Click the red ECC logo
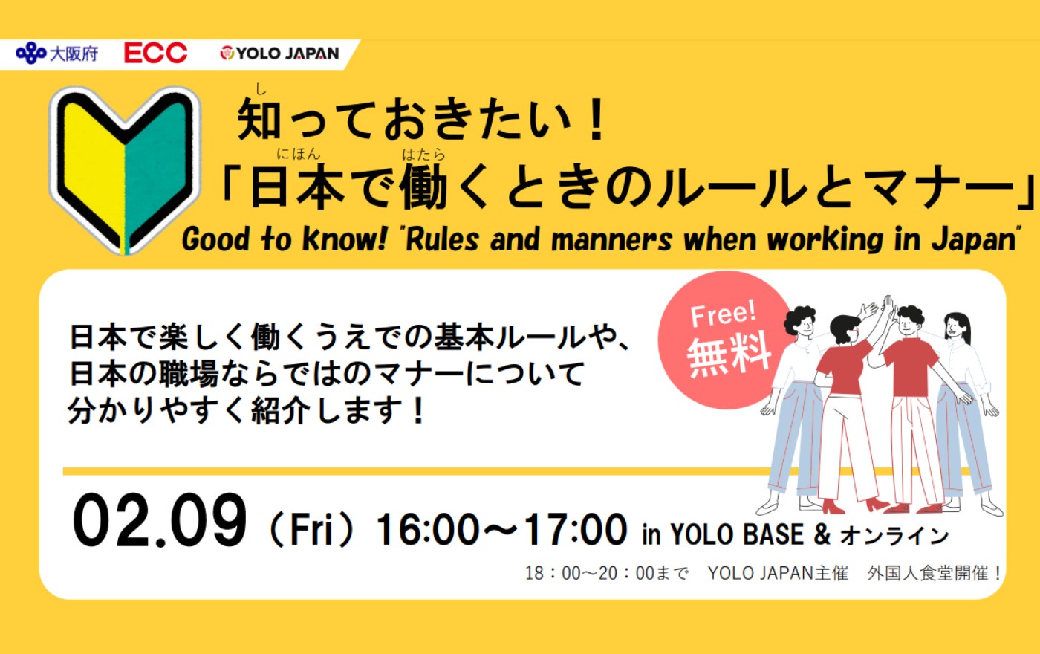tap(155, 53)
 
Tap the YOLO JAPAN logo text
tap(287, 54)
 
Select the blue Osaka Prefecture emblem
tap(30, 53)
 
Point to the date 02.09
tap(160, 520)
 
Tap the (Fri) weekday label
tap(311, 529)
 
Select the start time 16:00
tap(426, 529)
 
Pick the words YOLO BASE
tap(737, 534)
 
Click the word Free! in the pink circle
tap(724, 314)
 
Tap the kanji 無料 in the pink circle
tap(729, 354)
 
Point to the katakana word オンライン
tap(894, 536)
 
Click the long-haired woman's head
tap(958, 328)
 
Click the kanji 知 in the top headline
tap(259, 119)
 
